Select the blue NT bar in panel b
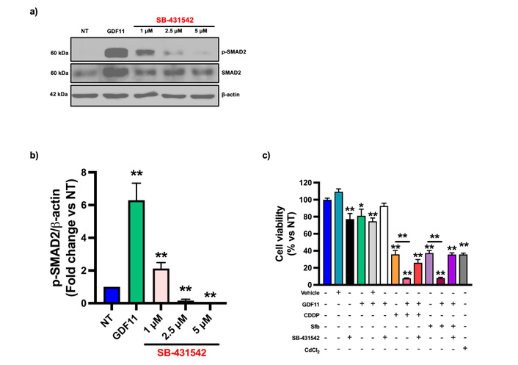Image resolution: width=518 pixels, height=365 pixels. click(112, 294)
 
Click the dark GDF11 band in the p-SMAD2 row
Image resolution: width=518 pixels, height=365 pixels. click(118, 53)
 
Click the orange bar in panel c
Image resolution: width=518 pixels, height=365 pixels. click(395, 269)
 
